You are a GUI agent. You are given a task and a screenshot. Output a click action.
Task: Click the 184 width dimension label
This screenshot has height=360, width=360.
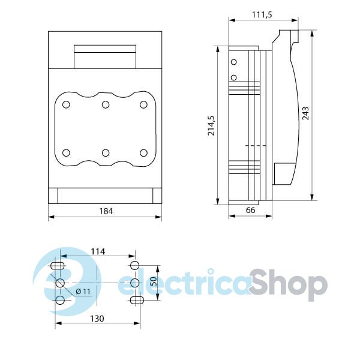tap(106, 211)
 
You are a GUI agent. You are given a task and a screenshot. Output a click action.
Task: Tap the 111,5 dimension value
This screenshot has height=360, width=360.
tap(262, 14)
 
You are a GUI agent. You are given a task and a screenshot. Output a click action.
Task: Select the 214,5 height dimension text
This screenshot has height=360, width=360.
tap(211, 125)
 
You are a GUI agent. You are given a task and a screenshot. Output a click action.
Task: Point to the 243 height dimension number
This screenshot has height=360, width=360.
tap(305, 113)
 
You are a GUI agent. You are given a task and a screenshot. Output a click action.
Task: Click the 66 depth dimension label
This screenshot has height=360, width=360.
tap(250, 210)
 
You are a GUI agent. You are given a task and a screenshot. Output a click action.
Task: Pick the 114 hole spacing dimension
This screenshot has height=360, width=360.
tap(98, 251)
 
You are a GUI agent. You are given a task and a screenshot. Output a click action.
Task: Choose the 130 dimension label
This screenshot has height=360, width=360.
tap(97, 319)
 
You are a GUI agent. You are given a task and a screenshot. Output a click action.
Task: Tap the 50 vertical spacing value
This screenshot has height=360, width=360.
tap(154, 281)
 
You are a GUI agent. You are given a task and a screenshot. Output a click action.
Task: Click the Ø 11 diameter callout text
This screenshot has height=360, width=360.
tap(83, 292)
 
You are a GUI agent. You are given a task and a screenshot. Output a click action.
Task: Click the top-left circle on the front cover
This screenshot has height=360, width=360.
tap(66, 104)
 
